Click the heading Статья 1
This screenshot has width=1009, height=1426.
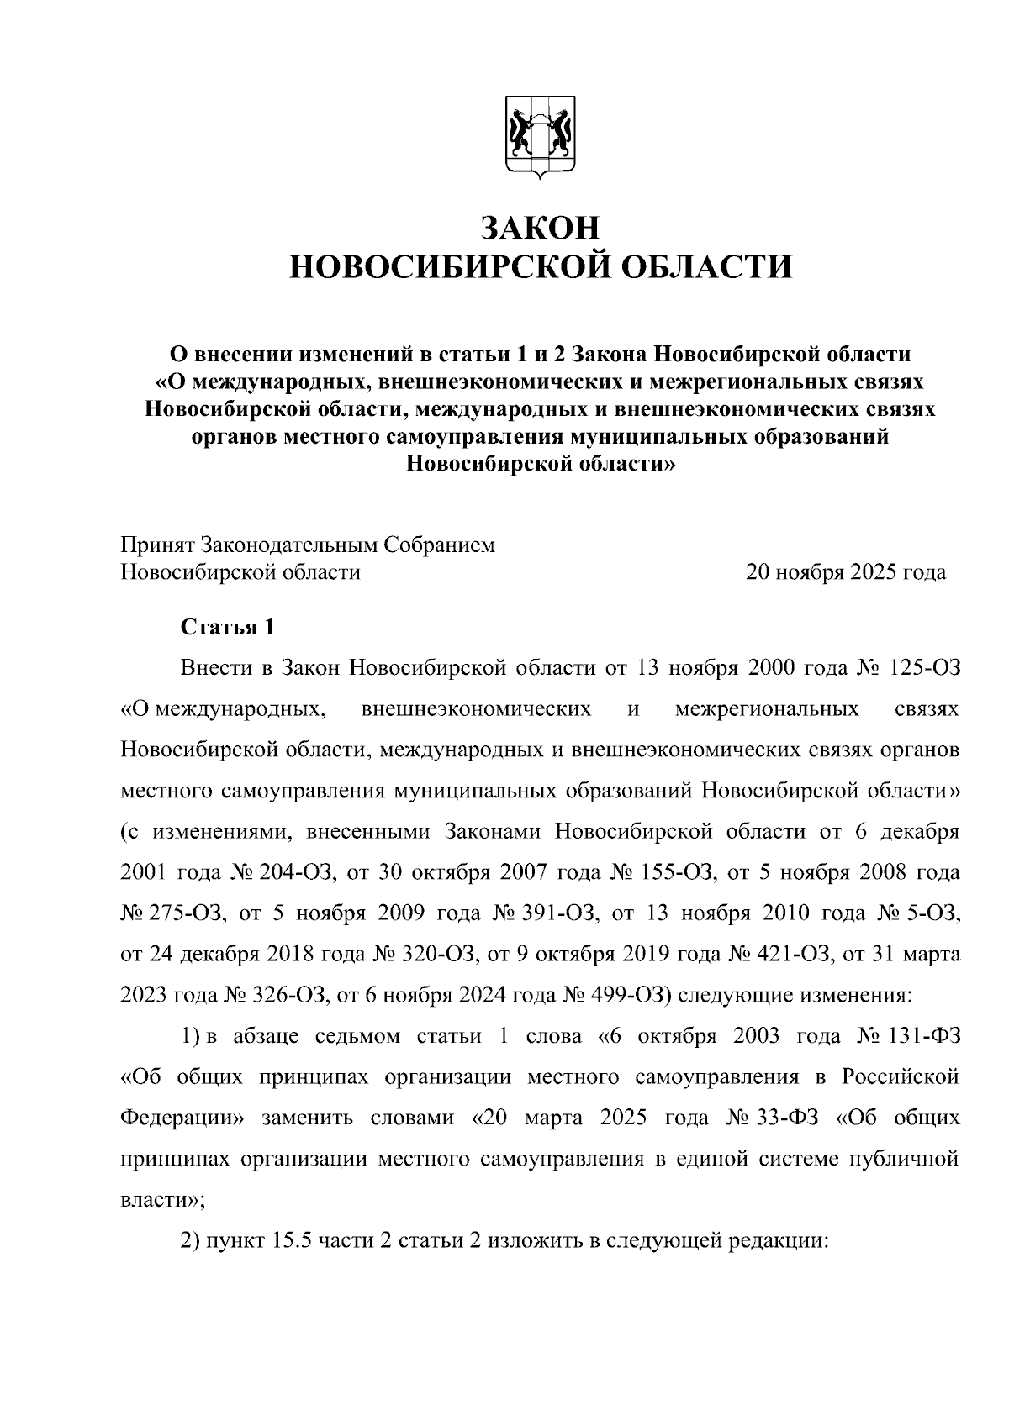[227, 627]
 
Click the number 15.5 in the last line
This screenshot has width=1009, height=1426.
[293, 1241]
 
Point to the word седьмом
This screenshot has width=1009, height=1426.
[358, 1036]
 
